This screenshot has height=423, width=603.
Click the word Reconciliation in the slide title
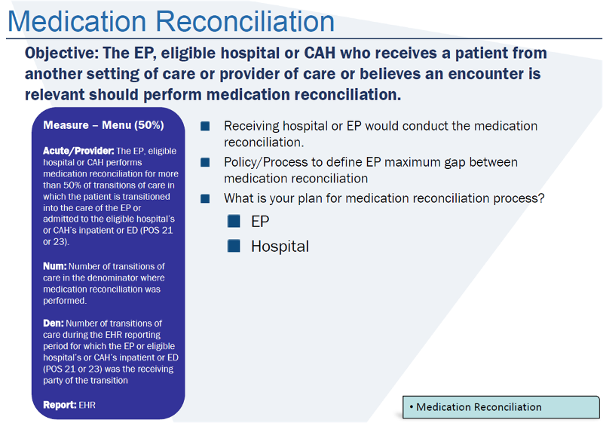[249, 20]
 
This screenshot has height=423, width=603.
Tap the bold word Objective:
[62, 54]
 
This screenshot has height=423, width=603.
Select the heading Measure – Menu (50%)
[103, 125]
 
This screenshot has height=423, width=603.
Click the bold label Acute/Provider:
[78, 151]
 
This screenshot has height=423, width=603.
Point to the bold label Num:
[54, 266]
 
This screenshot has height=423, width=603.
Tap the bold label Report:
[60, 405]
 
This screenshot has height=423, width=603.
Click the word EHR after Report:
[88, 405]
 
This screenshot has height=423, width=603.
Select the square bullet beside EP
[234, 222]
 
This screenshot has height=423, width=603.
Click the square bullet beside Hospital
[234, 246]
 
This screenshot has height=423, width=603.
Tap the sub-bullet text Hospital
[280, 247]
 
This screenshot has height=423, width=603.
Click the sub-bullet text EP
[260, 222]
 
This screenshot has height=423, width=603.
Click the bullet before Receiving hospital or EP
[205, 127]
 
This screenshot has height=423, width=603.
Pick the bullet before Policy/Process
[205, 162]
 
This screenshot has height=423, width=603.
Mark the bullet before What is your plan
[205, 198]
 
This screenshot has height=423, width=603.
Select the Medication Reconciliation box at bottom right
[500, 407]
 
